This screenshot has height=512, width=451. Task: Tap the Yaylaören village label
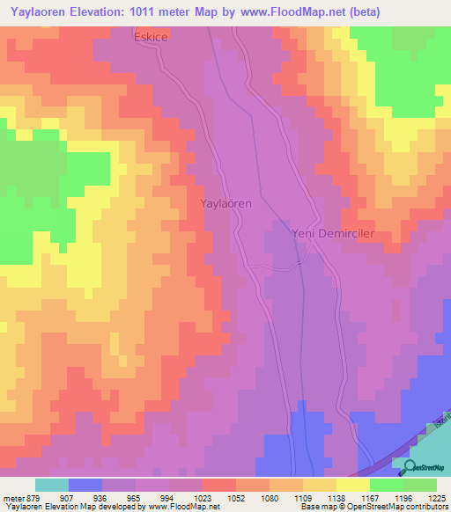pos(226,203)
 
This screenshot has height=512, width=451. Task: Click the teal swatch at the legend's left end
pos(51,485)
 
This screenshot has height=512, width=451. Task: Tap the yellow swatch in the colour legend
pos(352,485)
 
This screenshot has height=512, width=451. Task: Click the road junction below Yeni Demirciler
pos(299,261)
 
